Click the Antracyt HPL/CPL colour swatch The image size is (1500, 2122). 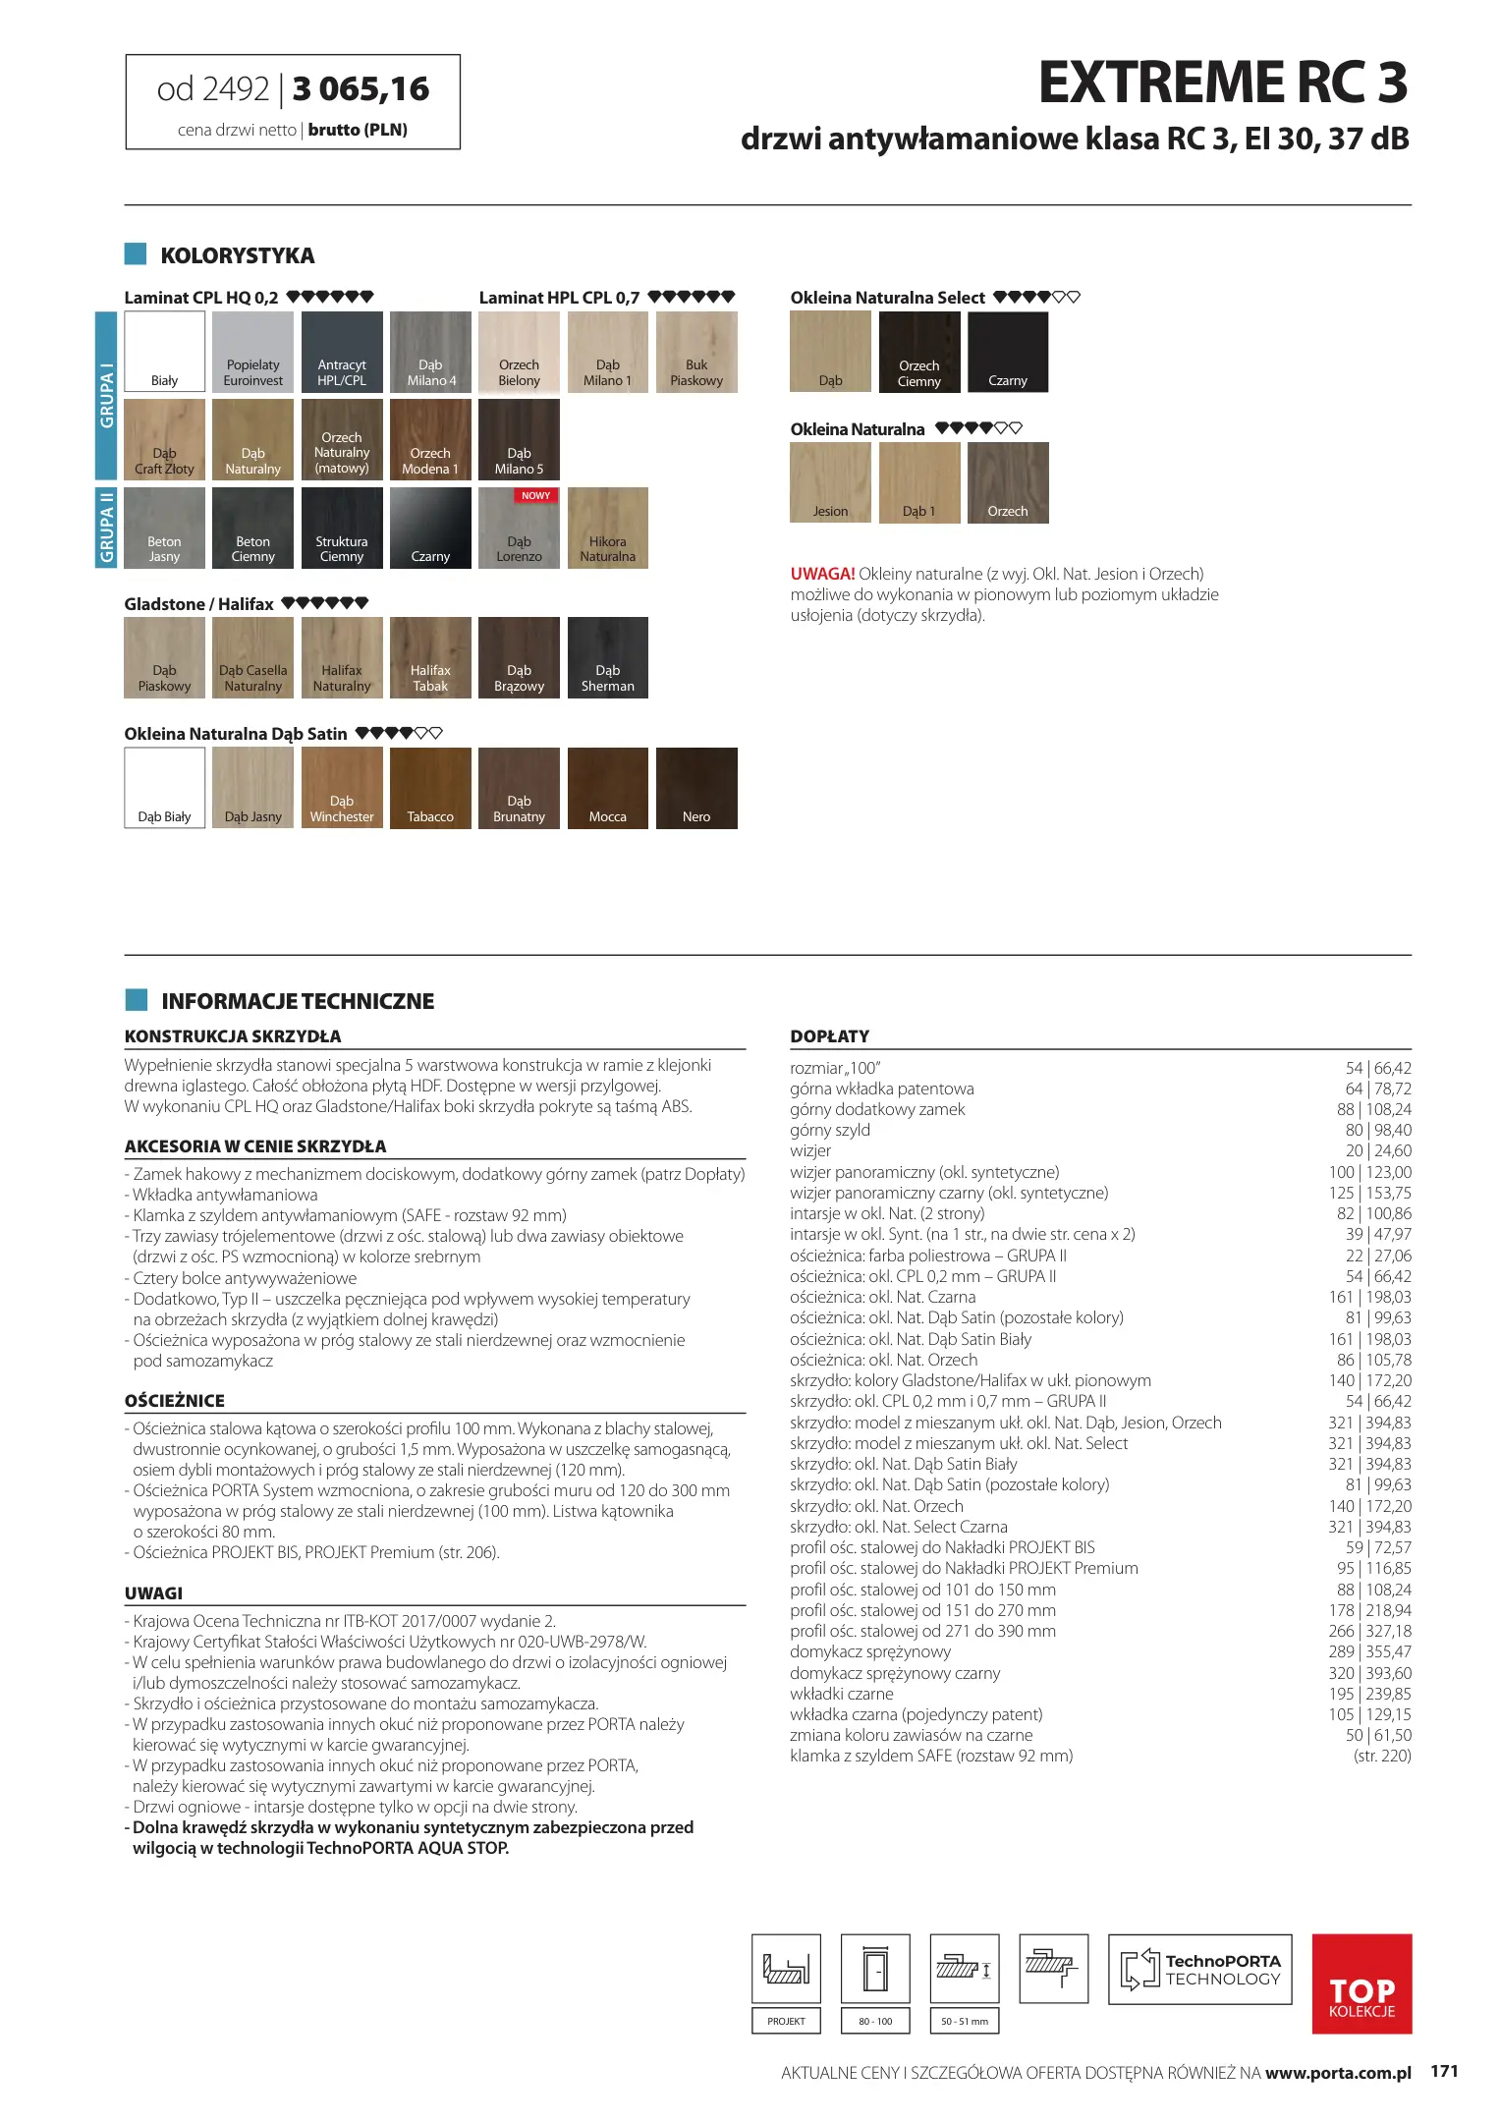[x=342, y=352]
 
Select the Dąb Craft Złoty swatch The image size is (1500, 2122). [x=164, y=439]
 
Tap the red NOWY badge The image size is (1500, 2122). [x=535, y=496]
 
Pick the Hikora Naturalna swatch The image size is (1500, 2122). [x=607, y=528]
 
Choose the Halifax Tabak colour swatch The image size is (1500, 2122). [x=430, y=657]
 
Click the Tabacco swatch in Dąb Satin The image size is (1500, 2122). [x=430, y=788]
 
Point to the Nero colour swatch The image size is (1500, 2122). [x=696, y=788]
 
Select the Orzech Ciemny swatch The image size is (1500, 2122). [x=919, y=352]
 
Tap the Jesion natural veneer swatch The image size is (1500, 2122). [x=830, y=482]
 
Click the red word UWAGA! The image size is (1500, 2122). [x=822, y=574]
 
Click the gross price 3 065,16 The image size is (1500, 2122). [x=361, y=89]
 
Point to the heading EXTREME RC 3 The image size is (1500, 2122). [x=1223, y=83]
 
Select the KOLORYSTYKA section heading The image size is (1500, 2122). [x=237, y=255]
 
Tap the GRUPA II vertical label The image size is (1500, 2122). [x=106, y=528]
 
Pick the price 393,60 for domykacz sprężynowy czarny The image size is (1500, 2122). [x=1388, y=1673]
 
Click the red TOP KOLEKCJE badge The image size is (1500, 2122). [x=1361, y=1983]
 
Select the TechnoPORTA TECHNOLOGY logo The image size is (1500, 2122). [x=1199, y=1970]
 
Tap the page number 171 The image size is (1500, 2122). [x=1444, y=2071]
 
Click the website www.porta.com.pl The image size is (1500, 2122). [x=1338, y=2073]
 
